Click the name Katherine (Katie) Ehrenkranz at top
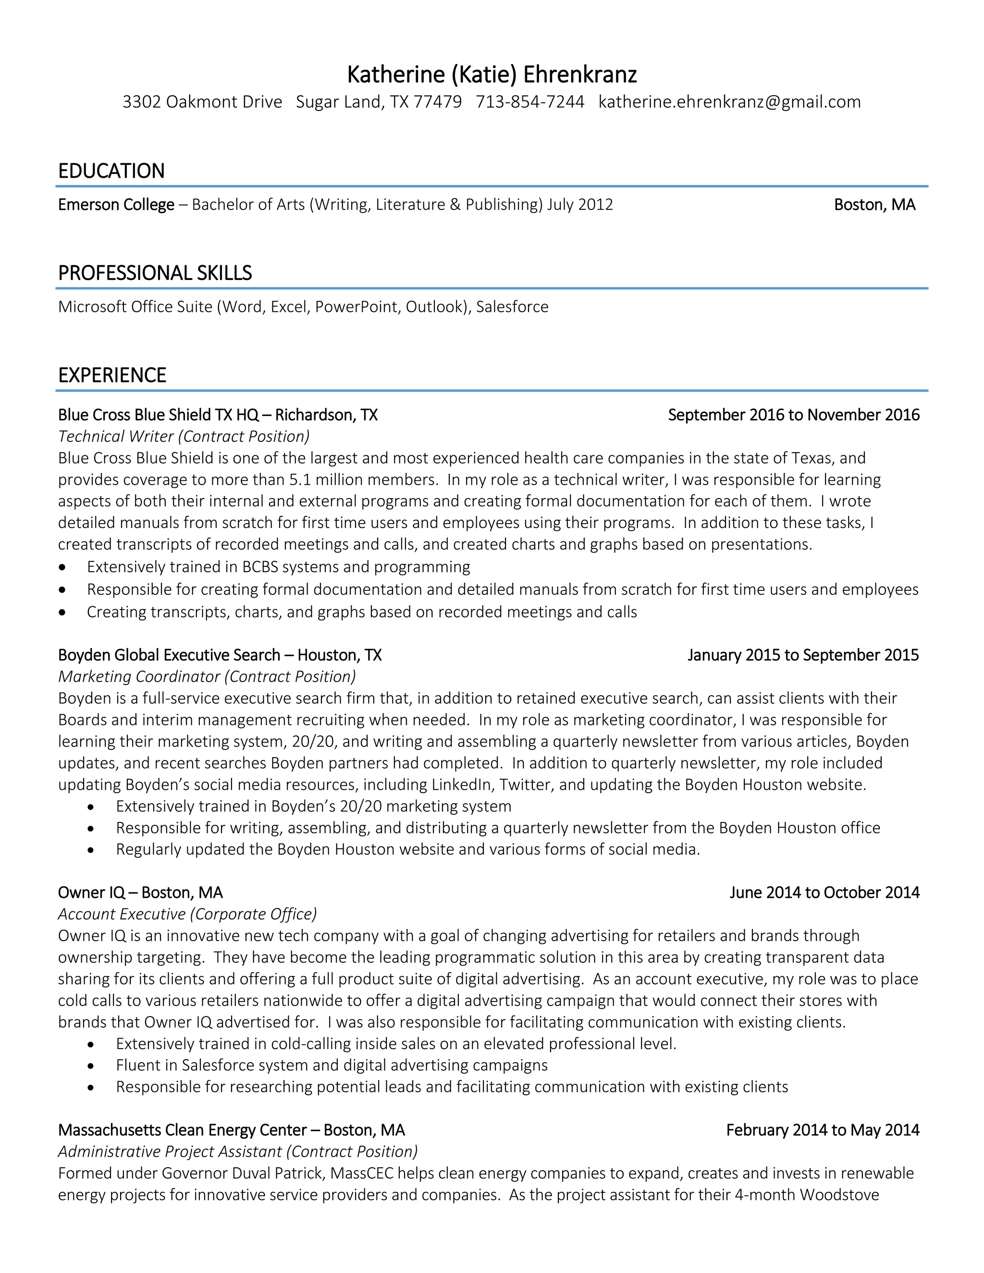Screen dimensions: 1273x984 pos(492,74)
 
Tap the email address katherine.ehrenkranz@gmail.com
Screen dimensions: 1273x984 pos(729,102)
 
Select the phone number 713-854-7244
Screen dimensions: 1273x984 pos(530,102)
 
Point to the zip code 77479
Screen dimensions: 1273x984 pos(437,102)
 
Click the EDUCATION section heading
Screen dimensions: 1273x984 pos(111,171)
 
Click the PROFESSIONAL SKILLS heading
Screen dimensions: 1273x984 pos(155,273)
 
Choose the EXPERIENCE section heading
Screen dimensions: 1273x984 pos(112,375)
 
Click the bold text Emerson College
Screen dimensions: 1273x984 pos(116,205)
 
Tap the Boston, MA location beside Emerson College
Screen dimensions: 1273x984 pos(874,205)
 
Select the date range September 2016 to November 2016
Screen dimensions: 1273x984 pos(793,415)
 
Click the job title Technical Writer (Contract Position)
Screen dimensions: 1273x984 pos(184,437)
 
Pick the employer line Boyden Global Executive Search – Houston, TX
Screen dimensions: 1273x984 pos(220,655)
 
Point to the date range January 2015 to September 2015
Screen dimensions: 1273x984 pos(803,655)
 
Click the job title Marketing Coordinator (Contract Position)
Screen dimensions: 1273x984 pos(207,677)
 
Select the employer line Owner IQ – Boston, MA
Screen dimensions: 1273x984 pos(140,893)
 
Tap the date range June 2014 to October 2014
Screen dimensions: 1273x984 pos(824,893)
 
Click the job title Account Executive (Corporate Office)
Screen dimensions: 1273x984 pos(187,914)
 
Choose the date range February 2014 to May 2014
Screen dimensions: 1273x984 pos(823,1130)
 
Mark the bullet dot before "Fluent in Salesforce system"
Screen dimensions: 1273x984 pos(90,1066)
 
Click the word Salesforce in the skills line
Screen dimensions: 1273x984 pos(512,307)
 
